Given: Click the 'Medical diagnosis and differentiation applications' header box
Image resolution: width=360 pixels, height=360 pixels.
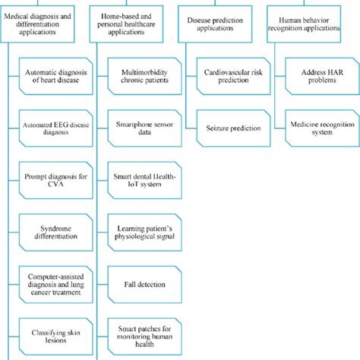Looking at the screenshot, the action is [37, 24].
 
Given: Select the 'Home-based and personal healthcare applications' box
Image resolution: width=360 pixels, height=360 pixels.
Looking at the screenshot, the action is [126, 24].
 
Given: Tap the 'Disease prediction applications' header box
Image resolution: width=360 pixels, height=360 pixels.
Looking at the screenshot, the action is [215, 24].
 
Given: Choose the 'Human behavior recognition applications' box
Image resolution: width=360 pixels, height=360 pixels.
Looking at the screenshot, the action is [304, 24].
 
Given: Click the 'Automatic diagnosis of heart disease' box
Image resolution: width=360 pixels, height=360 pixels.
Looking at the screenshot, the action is [56, 76].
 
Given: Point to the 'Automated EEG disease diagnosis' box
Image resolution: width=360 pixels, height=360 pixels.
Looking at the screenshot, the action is [56, 128].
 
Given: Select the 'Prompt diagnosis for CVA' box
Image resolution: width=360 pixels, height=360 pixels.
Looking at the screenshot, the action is [56, 180].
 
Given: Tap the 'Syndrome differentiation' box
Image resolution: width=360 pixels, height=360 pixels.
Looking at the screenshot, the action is [56, 232].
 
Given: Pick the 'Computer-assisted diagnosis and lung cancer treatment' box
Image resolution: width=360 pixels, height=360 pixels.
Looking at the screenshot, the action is [56, 285].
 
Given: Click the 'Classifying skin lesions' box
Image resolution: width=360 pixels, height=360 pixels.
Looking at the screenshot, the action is [56, 336].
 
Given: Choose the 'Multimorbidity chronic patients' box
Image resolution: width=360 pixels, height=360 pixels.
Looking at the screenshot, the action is [144, 76].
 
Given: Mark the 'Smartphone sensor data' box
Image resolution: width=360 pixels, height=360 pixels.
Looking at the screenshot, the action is [144, 128].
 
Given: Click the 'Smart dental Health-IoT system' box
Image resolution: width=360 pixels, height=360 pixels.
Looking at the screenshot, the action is [144, 180].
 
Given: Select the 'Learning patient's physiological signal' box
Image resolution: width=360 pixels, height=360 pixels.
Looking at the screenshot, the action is [144, 232].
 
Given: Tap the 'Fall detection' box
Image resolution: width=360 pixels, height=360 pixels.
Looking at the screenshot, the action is [144, 285].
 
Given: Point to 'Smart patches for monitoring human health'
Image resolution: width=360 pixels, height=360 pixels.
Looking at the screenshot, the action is [144, 336].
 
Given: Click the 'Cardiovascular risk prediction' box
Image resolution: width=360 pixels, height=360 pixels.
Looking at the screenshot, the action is [233, 76].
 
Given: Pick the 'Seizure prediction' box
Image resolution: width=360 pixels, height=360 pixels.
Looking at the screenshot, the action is [233, 128].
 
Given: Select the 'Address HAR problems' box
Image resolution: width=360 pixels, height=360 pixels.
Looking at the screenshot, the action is [322, 76].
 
